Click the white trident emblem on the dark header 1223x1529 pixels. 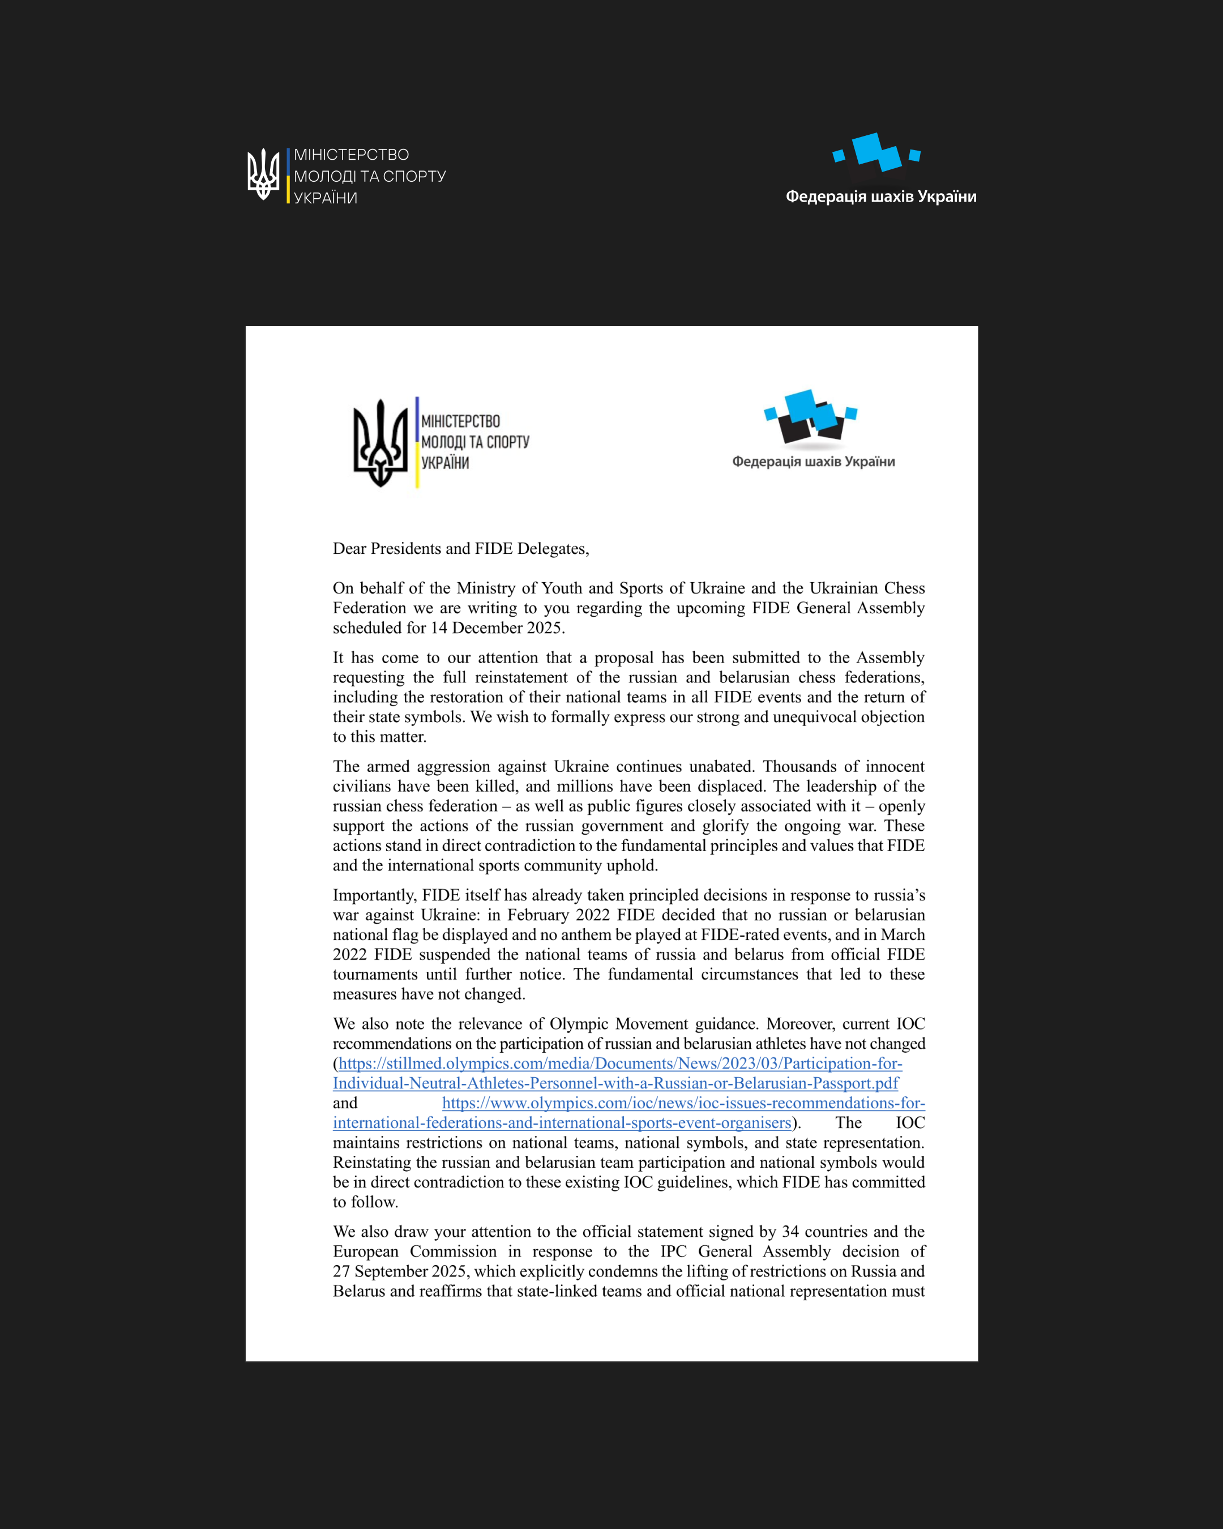(x=263, y=174)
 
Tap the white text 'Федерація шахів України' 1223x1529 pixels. (x=880, y=197)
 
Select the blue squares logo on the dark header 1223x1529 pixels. (x=876, y=152)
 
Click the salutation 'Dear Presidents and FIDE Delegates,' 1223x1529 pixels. (x=461, y=548)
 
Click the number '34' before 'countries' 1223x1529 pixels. (x=790, y=1231)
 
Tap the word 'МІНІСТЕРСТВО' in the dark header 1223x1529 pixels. (x=351, y=155)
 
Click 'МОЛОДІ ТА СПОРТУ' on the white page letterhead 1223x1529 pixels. (x=475, y=442)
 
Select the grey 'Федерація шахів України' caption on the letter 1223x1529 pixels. (x=813, y=462)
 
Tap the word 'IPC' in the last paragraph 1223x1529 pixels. (x=673, y=1251)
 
